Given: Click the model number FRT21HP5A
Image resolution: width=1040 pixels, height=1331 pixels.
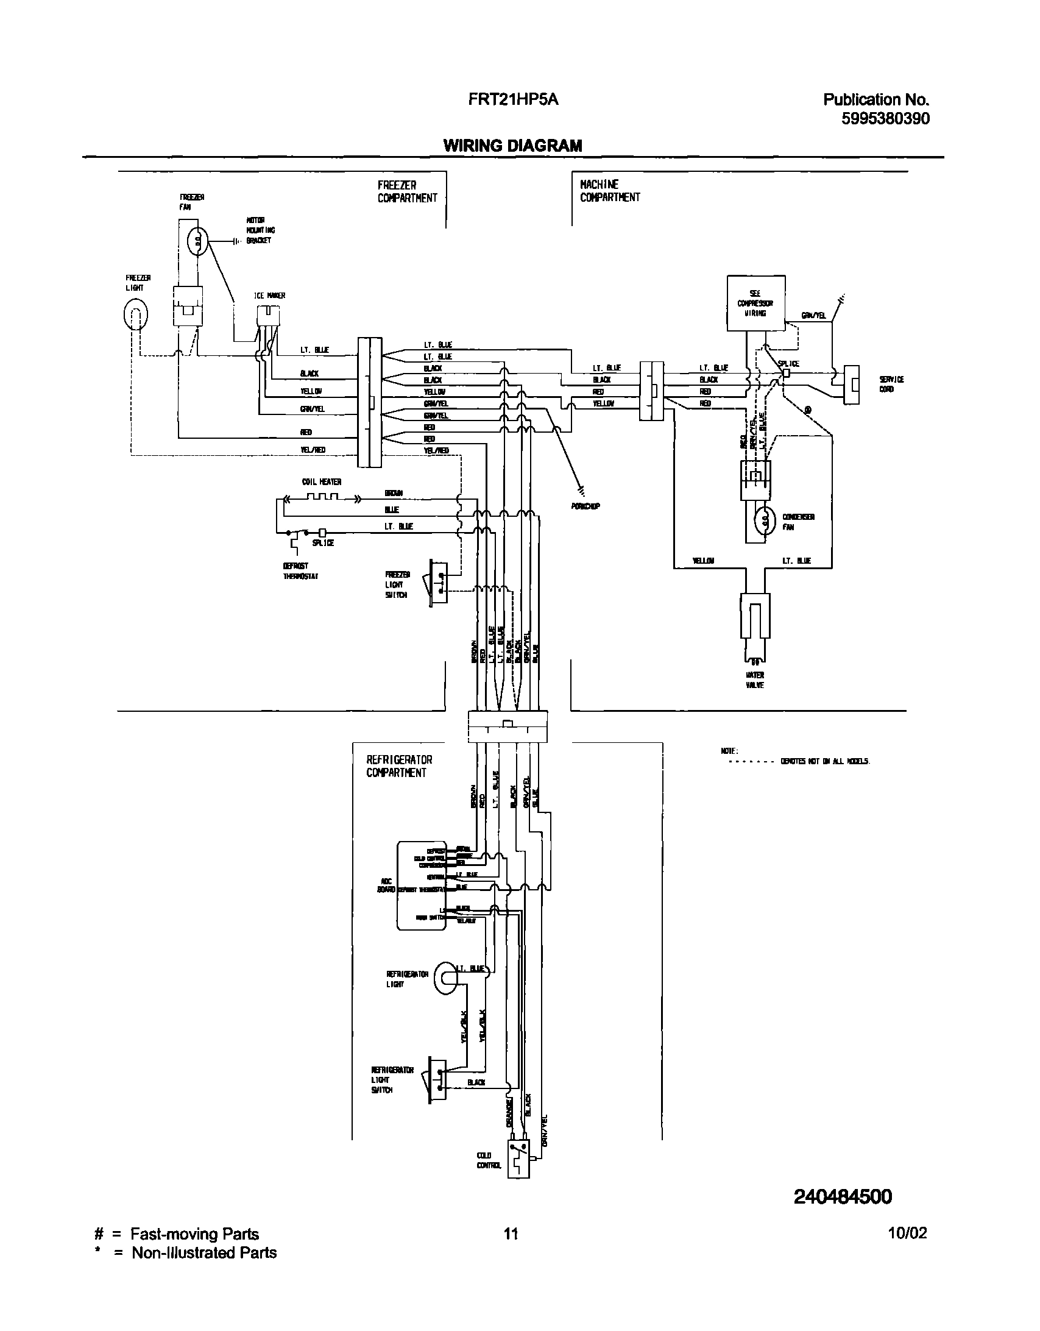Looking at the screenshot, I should pyautogui.click(x=513, y=99).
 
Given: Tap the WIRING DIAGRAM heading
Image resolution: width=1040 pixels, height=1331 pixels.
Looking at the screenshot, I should pyautogui.click(x=512, y=146).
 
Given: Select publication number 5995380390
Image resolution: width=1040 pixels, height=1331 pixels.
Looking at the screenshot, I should pyautogui.click(x=885, y=119).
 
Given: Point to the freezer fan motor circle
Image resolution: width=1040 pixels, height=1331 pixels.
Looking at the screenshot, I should pyautogui.click(x=197, y=242).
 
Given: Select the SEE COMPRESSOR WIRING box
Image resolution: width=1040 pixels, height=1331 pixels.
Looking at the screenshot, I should pyautogui.click(x=755, y=303).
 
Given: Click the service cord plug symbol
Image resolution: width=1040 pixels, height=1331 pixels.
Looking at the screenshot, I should pyautogui.click(x=851, y=385).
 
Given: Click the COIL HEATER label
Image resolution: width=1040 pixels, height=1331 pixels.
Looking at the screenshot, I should pyautogui.click(x=322, y=482).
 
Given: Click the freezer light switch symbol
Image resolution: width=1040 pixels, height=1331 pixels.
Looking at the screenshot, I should pyautogui.click(x=437, y=582).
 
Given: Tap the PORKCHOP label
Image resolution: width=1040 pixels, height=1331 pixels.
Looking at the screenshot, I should pyautogui.click(x=585, y=506).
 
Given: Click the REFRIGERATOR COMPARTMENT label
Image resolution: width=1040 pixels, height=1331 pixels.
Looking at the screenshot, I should pyautogui.click(x=399, y=766).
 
